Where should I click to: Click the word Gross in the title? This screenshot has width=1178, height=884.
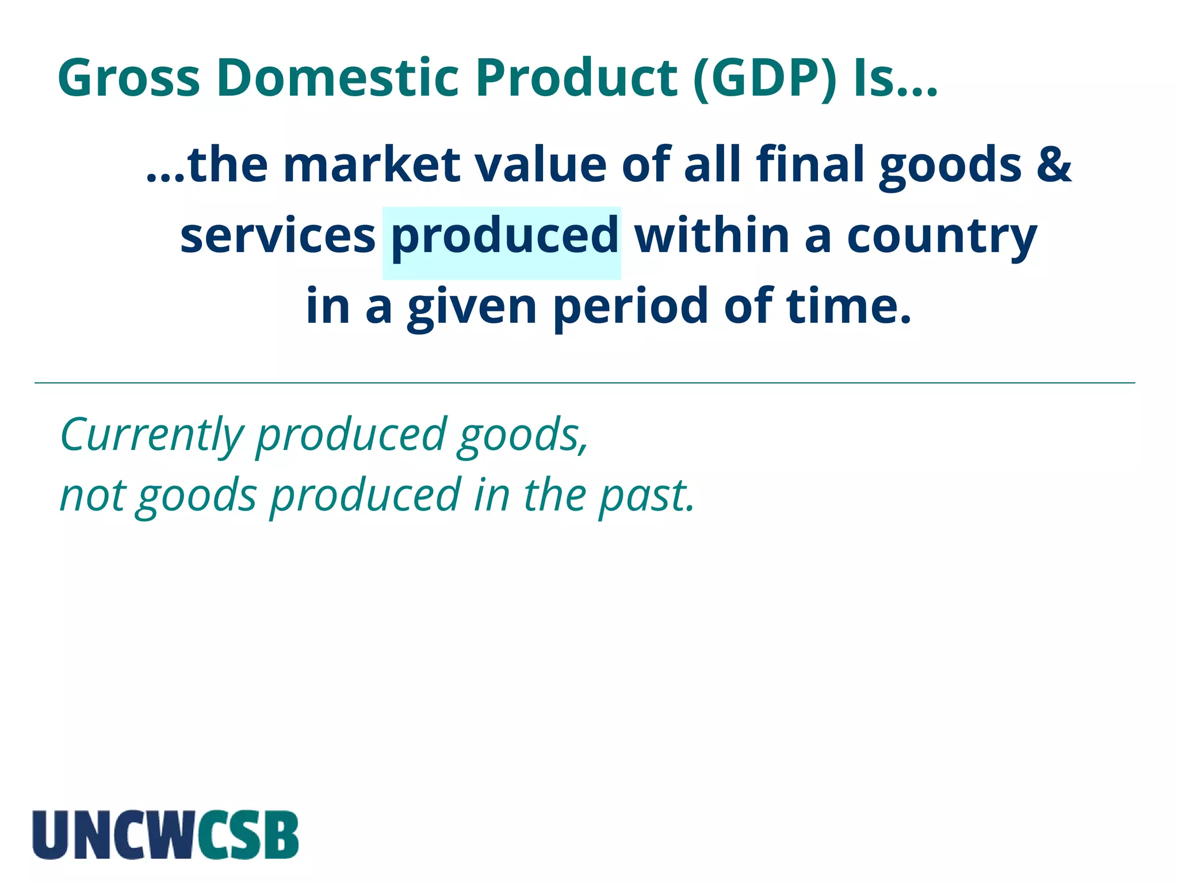pyautogui.click(x=129, y=78)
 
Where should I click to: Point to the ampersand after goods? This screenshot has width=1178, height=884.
pyautogui.click(x=1054, y=165)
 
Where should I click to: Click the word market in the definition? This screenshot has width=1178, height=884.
pyautogui.click(x=372, y=165)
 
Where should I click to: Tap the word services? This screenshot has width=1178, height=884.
pyautogui.click(x=278, y=236)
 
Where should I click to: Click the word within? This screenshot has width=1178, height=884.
pyautogui.click(x=712, y=236)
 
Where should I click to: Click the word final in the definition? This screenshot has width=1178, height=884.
pyautogui.click(x=810, y=165)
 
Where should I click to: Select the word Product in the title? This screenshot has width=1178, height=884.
pyautogui.click(x=576, y=78)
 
